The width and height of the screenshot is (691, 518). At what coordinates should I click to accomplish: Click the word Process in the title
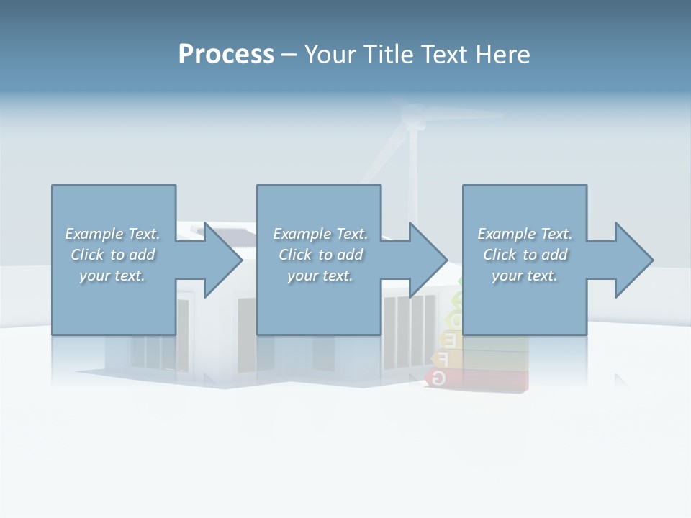point(226,55)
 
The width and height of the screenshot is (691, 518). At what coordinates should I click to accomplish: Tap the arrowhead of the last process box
point(633,260)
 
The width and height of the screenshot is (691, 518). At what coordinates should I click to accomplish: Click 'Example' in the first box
point(94,234)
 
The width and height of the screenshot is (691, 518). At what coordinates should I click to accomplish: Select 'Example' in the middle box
point(302,234)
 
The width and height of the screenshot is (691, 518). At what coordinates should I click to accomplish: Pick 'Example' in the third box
point(506,234)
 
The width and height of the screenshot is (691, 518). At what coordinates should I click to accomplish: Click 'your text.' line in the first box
point(112,276)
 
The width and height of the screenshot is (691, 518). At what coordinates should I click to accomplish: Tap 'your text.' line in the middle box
point(320,276)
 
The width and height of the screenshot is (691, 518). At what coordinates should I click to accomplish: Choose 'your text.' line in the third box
point(524,276)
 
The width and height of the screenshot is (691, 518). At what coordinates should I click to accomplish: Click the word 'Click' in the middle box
point(294,255)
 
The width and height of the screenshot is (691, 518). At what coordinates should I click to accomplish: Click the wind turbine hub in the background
point(412,116)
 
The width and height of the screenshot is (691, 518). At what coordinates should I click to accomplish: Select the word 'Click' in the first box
point(86,255)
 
